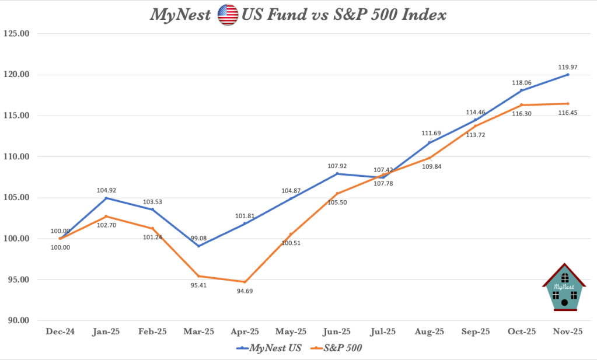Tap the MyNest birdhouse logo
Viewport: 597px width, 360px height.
564,287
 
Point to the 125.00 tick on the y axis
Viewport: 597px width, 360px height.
16,33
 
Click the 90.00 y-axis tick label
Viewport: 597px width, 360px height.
16,320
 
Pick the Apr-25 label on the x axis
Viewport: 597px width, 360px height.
245,331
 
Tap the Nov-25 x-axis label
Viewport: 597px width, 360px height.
567,331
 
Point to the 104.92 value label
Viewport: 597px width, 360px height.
106,190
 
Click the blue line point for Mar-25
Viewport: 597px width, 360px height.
198,246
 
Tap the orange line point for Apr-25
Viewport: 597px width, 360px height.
245,282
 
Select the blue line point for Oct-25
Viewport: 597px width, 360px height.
521,90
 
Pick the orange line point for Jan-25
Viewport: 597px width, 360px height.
106,216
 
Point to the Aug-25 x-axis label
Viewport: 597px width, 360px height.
429,331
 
